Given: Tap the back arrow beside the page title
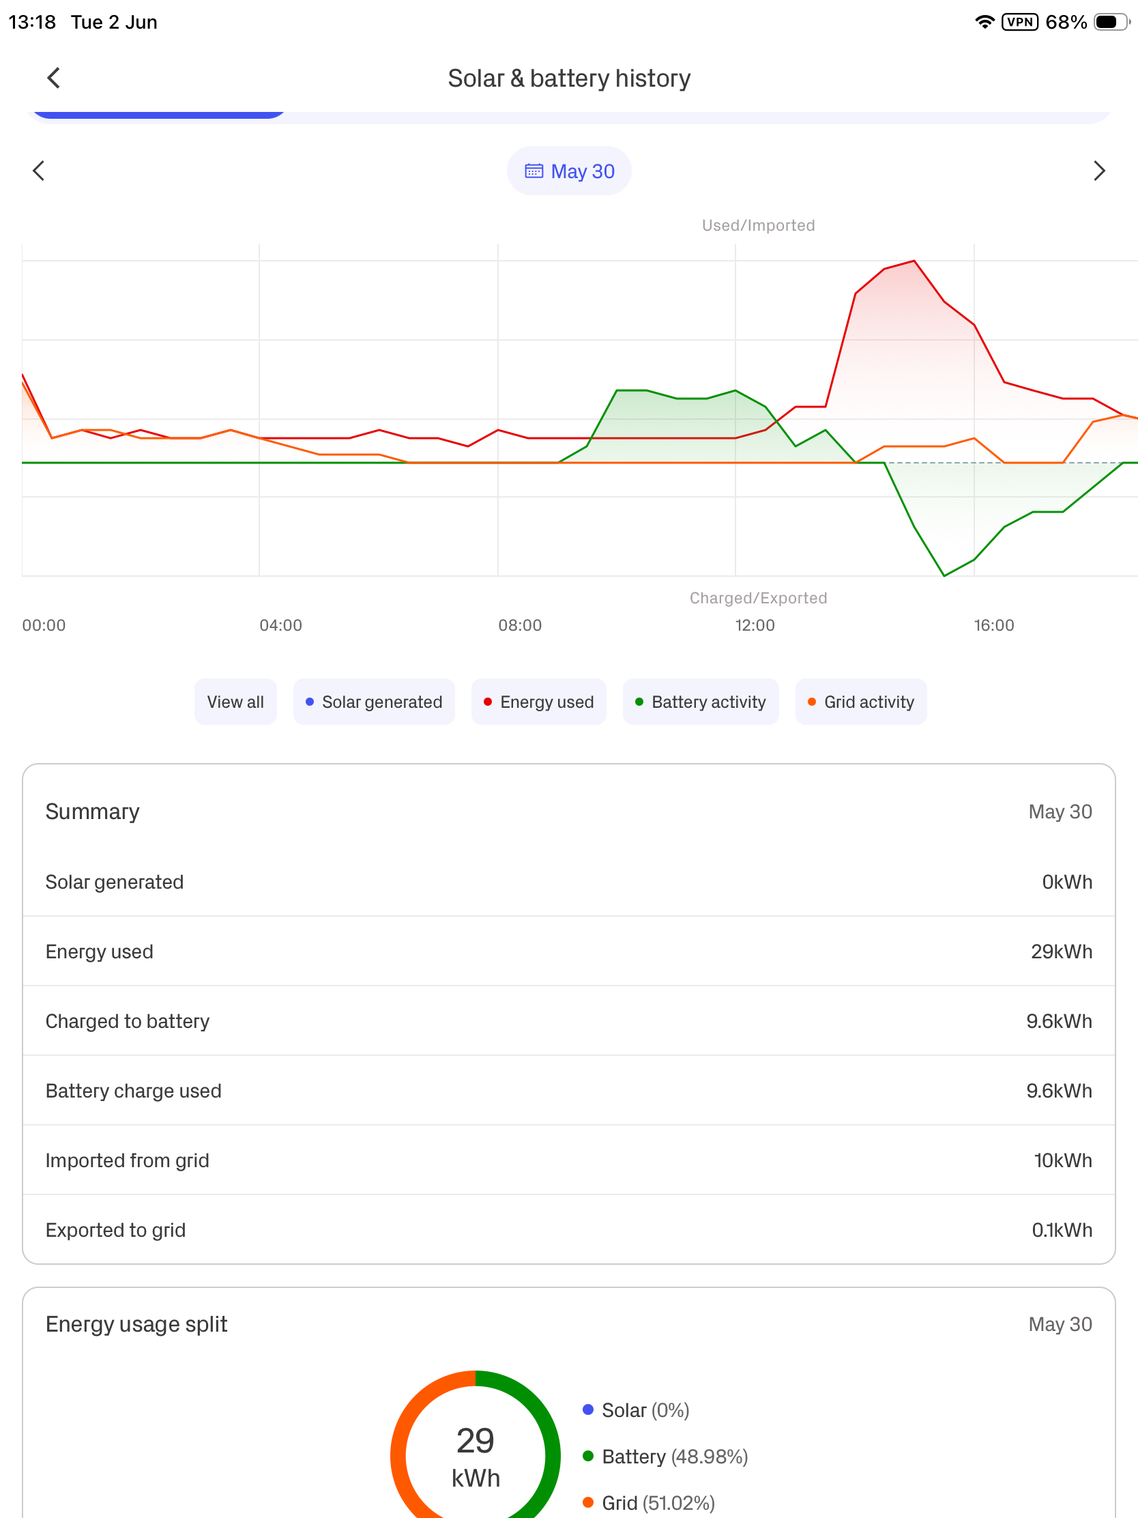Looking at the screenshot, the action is [x=53, y=78].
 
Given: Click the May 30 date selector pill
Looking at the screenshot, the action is [x=568, y=171].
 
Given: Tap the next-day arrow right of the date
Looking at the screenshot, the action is [x=1099, y=171].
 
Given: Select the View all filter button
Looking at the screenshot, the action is [x=235, y=702].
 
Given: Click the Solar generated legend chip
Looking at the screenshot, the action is [x=374, y=702].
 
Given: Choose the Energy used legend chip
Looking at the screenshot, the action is [x=538, y=702].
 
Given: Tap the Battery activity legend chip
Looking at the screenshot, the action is [x=701, y=702].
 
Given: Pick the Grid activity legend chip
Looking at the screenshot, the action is [x=861, y=702].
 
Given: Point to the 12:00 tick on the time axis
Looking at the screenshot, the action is [x=755, y=625].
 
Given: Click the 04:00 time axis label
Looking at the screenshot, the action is [x=280, y=625].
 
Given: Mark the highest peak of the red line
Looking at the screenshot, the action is [x=914, y=261].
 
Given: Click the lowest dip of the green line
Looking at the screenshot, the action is [x=944, y=575].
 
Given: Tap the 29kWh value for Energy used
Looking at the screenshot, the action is [x=1061, y=951].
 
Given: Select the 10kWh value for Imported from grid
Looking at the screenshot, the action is [x=1062, y=1160].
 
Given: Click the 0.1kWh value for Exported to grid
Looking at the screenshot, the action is [x=1062, y=1230].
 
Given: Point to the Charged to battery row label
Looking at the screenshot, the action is [x=128, y=1021].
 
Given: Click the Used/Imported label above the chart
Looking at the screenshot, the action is [x=758, y=225].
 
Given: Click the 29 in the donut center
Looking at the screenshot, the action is [x=476, y=1440].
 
